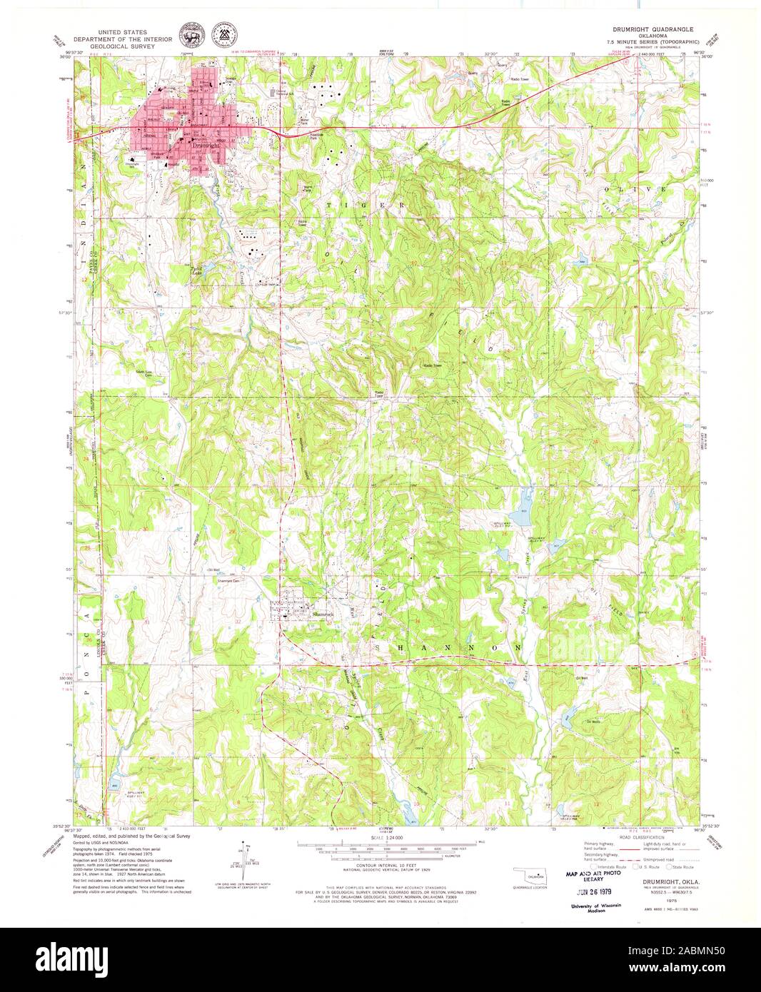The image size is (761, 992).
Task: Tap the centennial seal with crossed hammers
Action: coord(227,33)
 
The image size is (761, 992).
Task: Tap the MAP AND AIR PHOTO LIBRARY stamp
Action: coord(593,875)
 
